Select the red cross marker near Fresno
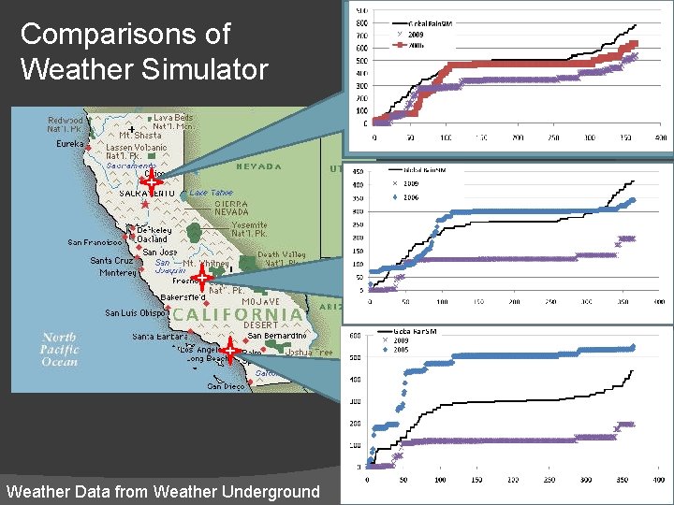click(x=201, y=276)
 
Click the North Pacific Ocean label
click(x=60, y=349)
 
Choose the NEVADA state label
click(x=257, y=166)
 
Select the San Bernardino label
click(x=277, y=335)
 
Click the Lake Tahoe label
click(x=211, y=193)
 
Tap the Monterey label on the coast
click(x=118, y=273)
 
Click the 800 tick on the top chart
click(x=362, y=23)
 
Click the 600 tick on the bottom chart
click(x=355, y=336)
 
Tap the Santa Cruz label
click(x=112, y=261)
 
